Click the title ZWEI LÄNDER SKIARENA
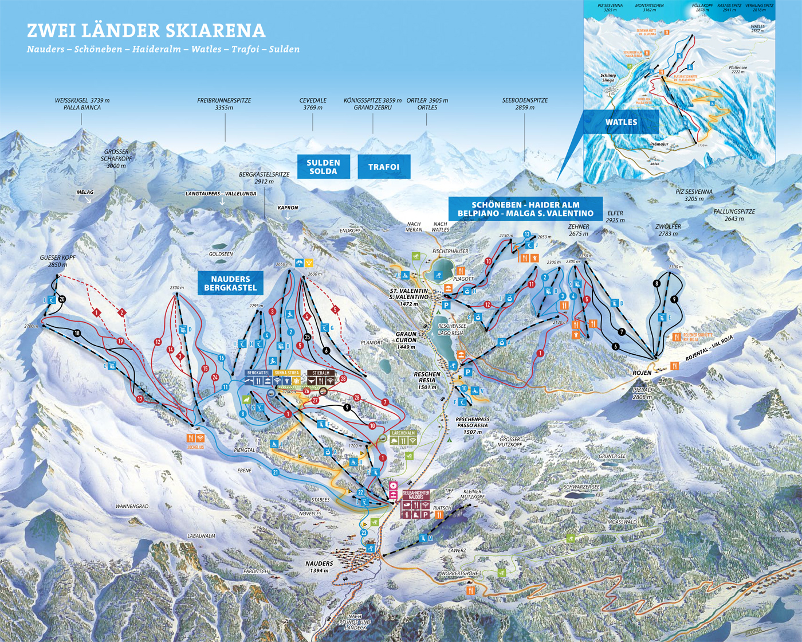pyautogui.click(x=146, y=30)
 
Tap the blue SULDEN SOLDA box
pyautogui.click(x=323, y=167)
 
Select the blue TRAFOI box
pyautogui.click(x=384, y=167)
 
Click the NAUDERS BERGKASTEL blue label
pyautogui.click(x=230, y=283)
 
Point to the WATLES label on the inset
pyautogui.click(x=621, y=122)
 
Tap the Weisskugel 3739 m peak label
pyautogui.click(x=82, y=104)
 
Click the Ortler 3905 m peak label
pyautogui.click(x=427, y=104)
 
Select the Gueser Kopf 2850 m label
pyautogui.click(x=57, y=261)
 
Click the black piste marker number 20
pyautogui.click(x=62, y=299)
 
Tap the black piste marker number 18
pyautogui.click(x=77, y=333)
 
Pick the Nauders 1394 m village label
pyautogui.click(x=320, y=567)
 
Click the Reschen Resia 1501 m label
pyautogui.click(x=427, y=381)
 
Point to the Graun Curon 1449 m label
pyautogui.click(x=406, y=340)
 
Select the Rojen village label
pyautogui.click(x=642, y=373)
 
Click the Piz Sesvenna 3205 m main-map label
pyautogui.click(x=694, y=195)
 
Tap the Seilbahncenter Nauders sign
pyautogui.click(x=416, y=495)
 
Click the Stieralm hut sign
pyautogui.click(x=321, y=373)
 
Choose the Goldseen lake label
pyautogui.click(x=221, y=254)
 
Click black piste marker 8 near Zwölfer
pyautogui.click(x=656, y=284)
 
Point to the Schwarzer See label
pyautogui.click(x=581, y=487)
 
